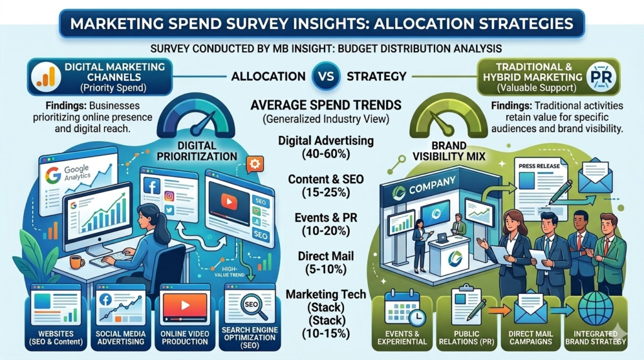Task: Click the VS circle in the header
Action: pos(322,76)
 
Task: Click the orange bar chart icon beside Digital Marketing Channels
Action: pos(44,76)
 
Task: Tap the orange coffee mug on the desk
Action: pos(77,262)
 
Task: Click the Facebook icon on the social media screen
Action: pos(150,185)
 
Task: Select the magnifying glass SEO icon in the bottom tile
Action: pos(250,305)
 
